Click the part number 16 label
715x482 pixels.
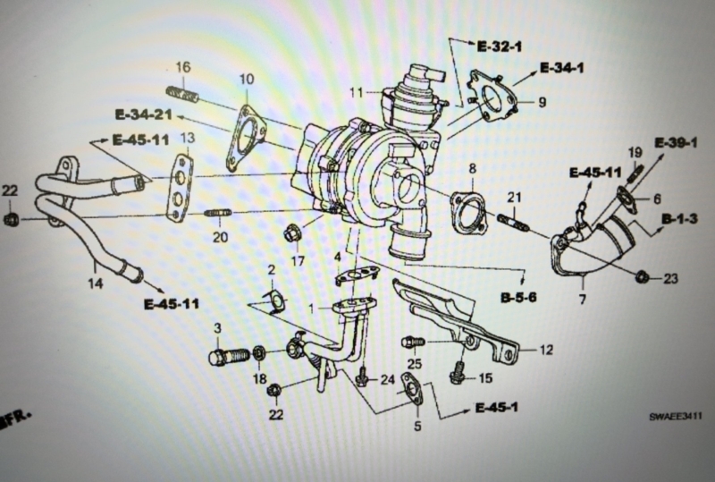(x=183, y=68)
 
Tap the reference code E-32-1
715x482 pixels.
(x=500, y=47)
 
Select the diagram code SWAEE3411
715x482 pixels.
(x=676, y=417)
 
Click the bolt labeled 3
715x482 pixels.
(x=229, y=356)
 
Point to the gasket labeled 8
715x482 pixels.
(x=467, y=214)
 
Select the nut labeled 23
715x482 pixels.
(x=642, y=276)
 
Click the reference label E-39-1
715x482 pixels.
(x=677, y=143)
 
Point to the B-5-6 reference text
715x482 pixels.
(x=518, y=298)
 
